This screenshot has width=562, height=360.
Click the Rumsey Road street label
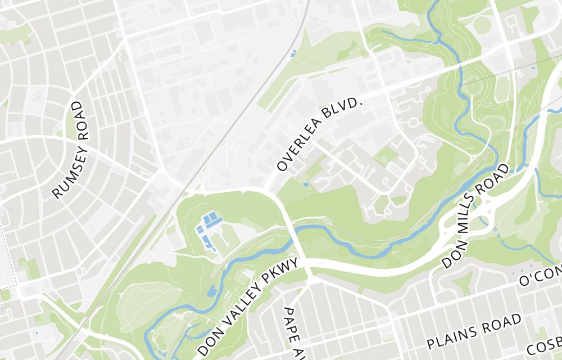pos(71,150)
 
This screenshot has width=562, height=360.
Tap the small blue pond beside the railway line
pos(293,54)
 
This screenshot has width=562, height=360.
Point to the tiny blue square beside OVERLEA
pos(305,184)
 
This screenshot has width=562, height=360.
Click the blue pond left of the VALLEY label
pos(211,291)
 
